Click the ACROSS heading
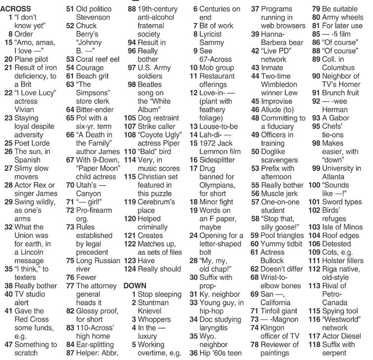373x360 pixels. click(x=17, y=9)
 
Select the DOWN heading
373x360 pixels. click(x=135, y=285)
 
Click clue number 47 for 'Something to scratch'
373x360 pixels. click(x=7, y=344)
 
